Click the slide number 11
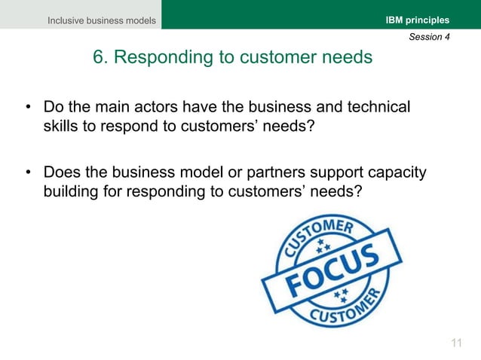455,343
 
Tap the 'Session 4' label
429,37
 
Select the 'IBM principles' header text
418,20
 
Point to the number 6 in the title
98,57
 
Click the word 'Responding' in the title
155,57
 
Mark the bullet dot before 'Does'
28,174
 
